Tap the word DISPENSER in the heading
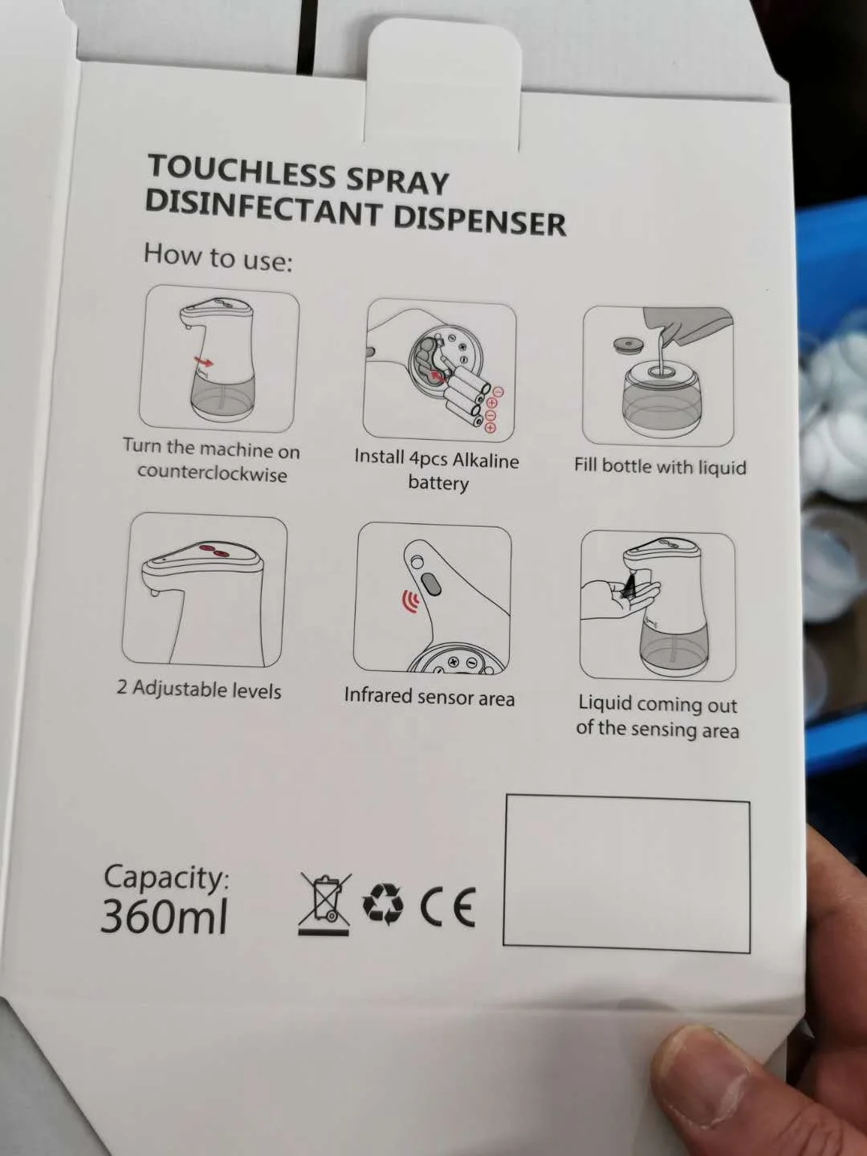tap(479, 220)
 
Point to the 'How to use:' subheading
tap(218, 258)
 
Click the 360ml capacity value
tap(165, 915)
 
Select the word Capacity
tap(165, 877)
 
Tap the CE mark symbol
tap(448, 907)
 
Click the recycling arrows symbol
tap(383, 905)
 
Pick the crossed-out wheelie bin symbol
tap(325, 903)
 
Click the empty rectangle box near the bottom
tap(626, 873)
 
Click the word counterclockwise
tap(212, 473)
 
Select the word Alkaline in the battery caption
tap(486, 461)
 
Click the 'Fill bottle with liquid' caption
tap(660, 466)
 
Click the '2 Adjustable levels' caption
tap(199, 689)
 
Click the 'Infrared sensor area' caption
tap(429, 696)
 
